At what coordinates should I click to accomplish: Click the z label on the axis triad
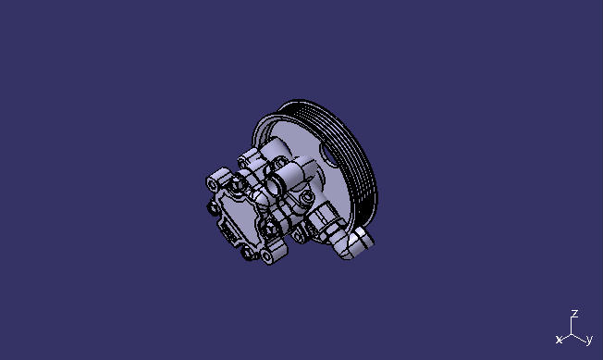point(574,314)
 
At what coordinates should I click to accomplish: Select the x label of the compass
point(559,341)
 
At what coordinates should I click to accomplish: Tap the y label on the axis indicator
point(589,341)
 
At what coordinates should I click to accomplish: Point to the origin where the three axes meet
point(573,333)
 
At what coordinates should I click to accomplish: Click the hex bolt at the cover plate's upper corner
point(238,182)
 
